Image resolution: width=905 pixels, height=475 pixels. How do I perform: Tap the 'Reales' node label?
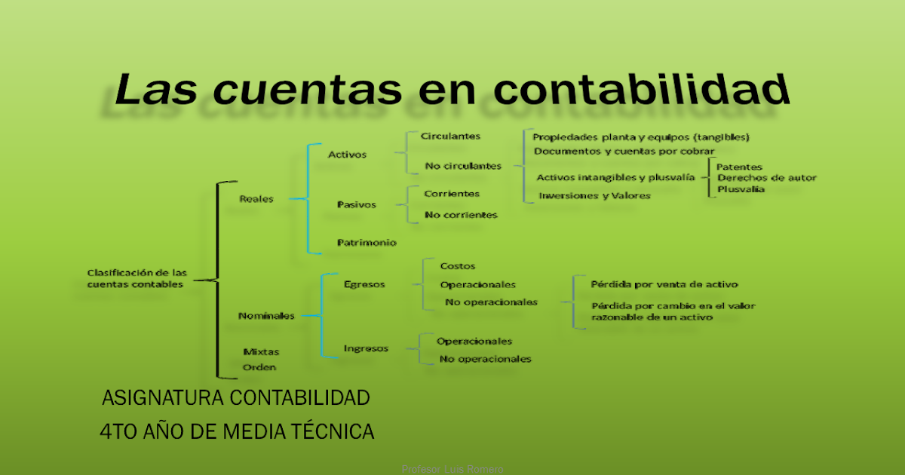256,199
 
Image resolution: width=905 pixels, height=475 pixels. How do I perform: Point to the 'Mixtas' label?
261,351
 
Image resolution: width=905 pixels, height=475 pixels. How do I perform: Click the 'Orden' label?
259,367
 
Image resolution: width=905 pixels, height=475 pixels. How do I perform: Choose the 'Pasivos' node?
356,204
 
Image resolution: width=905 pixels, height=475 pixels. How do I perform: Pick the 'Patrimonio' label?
367,242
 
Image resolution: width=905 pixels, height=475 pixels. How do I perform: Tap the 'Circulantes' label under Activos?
450,136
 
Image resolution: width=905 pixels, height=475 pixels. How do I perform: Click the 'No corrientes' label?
461,215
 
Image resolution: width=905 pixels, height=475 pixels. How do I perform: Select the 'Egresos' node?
364,284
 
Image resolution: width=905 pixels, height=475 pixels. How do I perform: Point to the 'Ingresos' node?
366,348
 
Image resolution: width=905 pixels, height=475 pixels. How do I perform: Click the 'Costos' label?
458,266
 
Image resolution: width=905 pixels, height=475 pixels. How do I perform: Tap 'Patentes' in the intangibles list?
739,167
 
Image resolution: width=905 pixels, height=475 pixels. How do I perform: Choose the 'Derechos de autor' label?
766,178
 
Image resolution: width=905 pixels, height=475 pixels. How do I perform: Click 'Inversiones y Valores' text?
594,196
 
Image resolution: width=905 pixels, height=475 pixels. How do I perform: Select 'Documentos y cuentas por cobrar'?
624,151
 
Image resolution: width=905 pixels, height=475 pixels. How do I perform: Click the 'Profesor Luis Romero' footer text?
452,469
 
